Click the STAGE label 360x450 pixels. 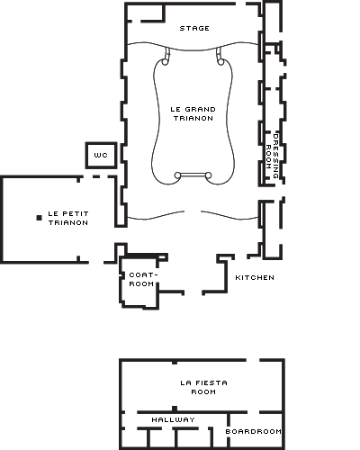(194, 28)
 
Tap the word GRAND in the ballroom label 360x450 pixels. (201, 109)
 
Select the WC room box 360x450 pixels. (101, 155)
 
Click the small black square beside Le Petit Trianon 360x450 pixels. (39, 218)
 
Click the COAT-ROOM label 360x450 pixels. (143, 279)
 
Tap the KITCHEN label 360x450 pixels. (255, 277)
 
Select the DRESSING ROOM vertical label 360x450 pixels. (273, 156)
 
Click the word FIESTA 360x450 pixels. (211, 382)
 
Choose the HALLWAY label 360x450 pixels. (173, 419)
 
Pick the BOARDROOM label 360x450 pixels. (254, 431)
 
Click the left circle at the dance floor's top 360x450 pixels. (165, 62)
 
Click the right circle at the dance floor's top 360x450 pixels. (220, 62)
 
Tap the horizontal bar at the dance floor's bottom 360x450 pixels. (193, 175)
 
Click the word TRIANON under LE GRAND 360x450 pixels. (193, 118)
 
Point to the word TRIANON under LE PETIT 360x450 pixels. (68, 222)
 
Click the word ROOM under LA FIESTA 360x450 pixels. (203, 391)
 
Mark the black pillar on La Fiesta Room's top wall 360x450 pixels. (175, 362)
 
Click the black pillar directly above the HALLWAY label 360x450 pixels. (175, 409)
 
